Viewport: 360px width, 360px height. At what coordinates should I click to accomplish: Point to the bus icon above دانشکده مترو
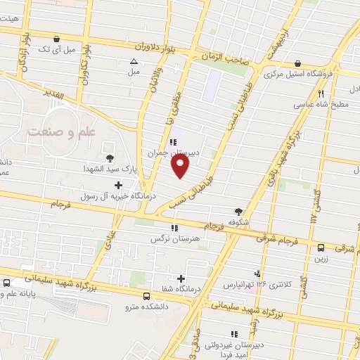pos(146,296)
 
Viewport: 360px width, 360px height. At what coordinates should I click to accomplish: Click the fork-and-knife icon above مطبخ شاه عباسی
pos(321,93)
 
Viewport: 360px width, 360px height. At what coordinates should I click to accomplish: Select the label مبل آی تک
pos(58,49)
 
